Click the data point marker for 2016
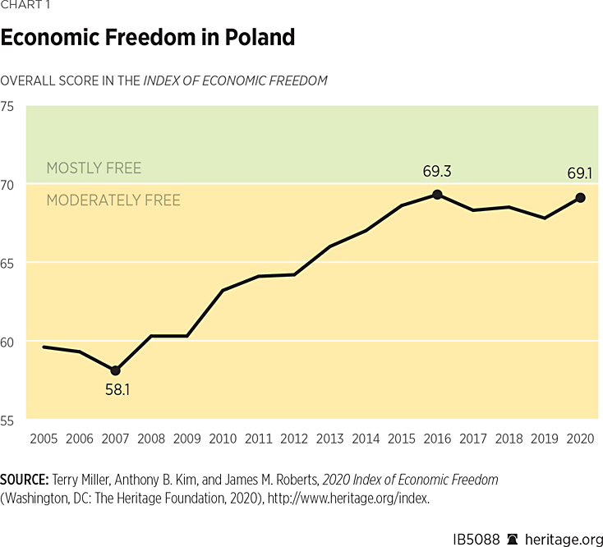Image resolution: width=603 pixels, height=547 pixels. tap(437, 195)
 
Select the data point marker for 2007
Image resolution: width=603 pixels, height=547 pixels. tap(115, 371)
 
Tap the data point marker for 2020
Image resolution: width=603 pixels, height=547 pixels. tap(580, 197)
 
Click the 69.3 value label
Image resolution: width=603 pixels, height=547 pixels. tap(437, 172)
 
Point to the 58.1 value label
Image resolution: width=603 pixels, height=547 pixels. tap(116, 390)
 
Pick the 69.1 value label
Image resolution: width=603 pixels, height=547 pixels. tap(580, 174)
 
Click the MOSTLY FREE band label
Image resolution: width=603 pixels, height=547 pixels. tap(94, 168)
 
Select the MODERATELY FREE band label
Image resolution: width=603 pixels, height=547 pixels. tap(113, 200)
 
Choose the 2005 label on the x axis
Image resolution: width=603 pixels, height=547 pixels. tap(44, 439)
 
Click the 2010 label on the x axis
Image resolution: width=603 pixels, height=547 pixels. tap(223, 439)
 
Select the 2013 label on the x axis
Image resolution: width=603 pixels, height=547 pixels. tap(329, 439)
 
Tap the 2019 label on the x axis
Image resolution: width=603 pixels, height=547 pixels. tap(545, 439)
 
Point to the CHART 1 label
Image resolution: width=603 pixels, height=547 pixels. tap(25, 6)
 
